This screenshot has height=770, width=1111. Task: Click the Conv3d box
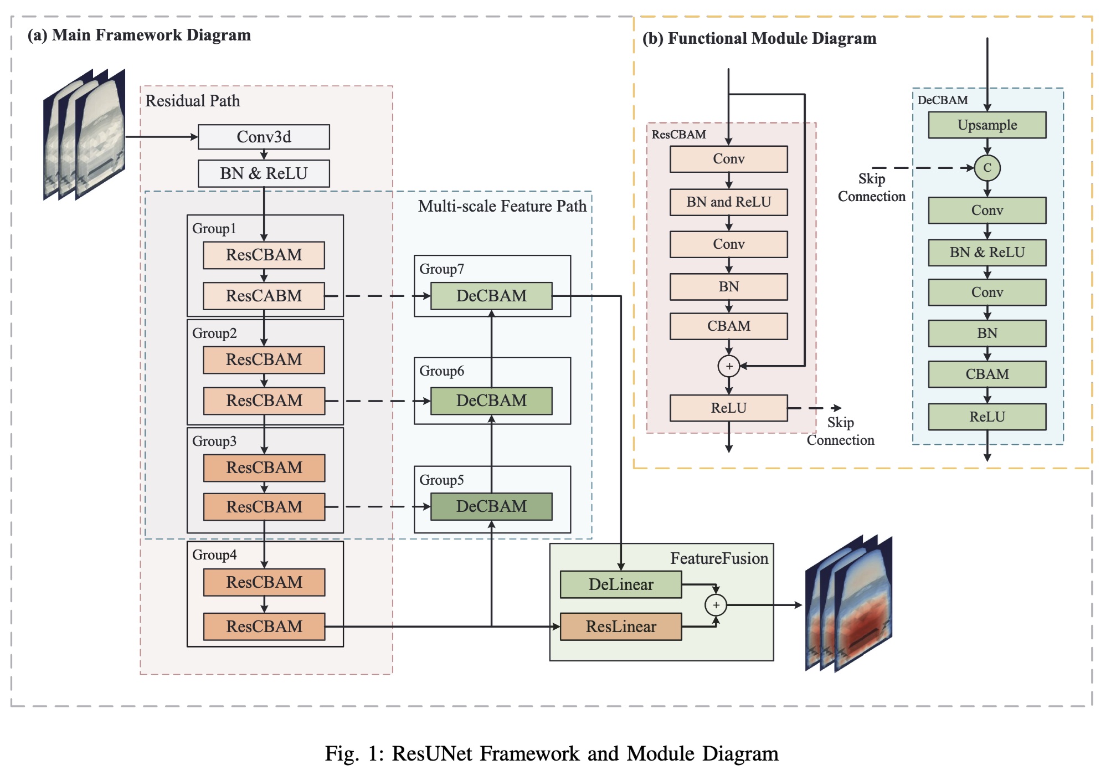(264, 137)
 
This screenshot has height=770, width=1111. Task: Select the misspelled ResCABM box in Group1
(264, 296)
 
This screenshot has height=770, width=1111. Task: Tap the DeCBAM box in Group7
(491, 296)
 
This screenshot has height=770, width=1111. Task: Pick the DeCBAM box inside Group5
(491, 506)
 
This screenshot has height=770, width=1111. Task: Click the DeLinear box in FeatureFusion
(621, 584)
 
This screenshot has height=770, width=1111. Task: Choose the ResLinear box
(621, 627)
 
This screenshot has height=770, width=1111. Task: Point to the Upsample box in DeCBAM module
(987, 125)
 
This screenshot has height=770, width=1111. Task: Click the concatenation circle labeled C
(987, 168)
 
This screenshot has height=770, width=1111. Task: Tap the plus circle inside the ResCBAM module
(729, 366)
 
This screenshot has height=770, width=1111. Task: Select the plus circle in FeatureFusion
(716, 605)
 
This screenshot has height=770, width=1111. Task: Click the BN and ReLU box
(729, 202)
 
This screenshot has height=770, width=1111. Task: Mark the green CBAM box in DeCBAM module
(987, 374)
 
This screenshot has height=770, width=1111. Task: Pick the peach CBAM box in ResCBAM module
(729, 326)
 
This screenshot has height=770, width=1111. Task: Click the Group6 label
(441, 371)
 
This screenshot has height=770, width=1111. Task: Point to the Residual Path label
(193, 101)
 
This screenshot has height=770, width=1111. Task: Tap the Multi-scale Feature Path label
(502, 206)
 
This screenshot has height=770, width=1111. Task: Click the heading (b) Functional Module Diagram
(759, 38)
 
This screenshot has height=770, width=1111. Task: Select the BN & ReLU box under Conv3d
(264, 173)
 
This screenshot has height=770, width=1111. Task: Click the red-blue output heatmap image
(849, 604)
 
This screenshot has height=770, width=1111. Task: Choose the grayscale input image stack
(84, 135)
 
